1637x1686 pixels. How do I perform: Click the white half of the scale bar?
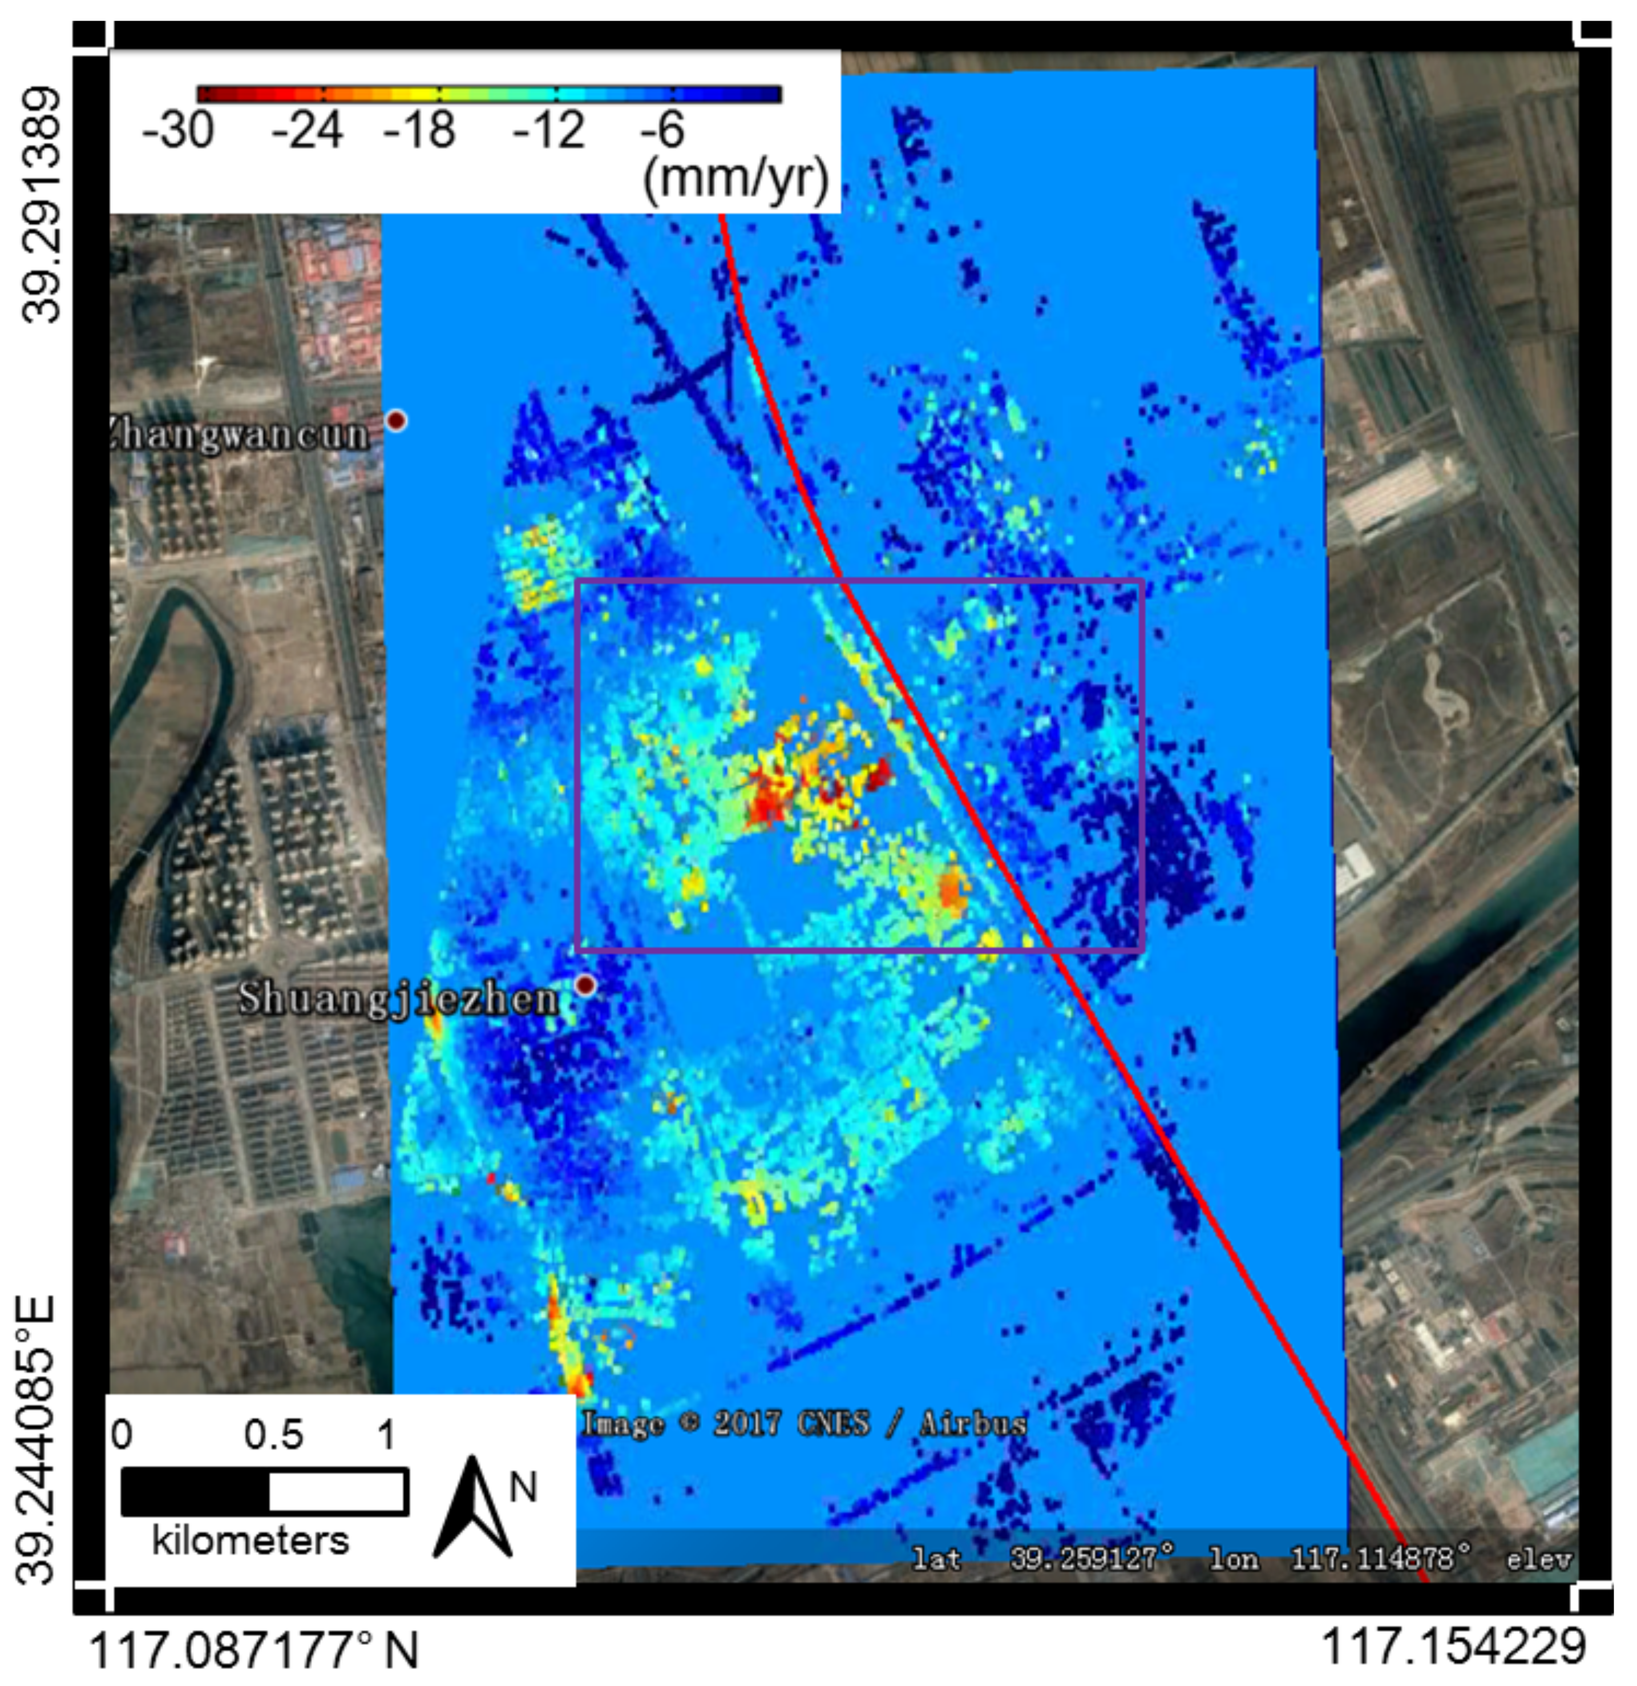tap(337, 1492)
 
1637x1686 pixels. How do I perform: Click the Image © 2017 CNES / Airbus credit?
tap(805, 1423)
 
